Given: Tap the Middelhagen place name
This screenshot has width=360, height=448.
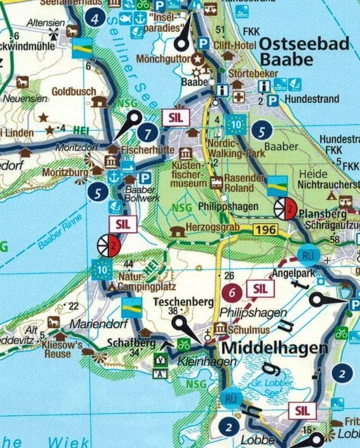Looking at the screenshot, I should (x=275, y=348).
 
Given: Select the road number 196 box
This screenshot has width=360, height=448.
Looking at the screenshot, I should (x=266, y=229).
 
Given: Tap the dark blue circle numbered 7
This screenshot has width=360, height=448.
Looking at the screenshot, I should (x=148, y=133).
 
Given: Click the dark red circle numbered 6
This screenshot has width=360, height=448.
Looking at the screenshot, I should (x=232, y=292).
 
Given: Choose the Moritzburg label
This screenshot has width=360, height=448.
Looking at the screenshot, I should (x=65, y=172).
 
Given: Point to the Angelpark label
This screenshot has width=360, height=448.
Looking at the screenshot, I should (x=292, y=274).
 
